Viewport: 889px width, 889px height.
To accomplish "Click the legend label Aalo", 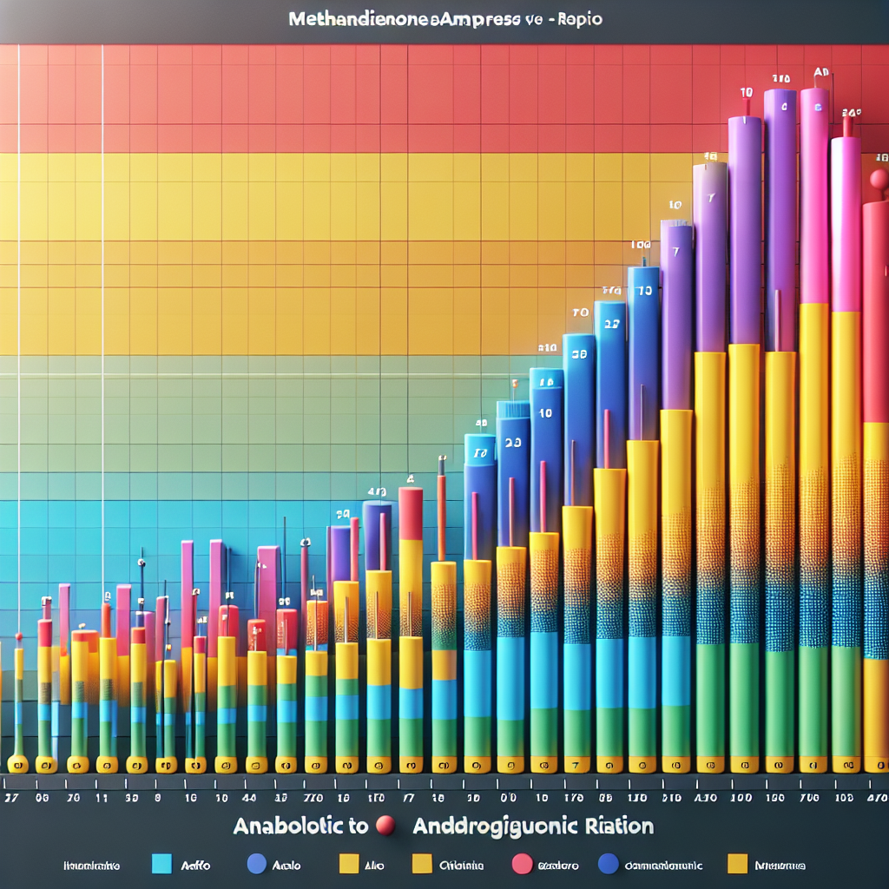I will (x=285, y=866).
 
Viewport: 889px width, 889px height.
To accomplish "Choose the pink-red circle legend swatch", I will (x=522, y=865).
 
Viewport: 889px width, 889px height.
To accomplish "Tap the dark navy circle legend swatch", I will (x=608, y=865).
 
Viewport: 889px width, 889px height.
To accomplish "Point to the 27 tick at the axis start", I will (x=12, y=798).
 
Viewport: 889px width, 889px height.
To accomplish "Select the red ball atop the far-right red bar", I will (x=879, y=180).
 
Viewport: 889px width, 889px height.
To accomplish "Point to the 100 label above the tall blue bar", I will (x=642, y=246).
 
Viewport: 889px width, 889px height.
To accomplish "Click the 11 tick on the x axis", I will (x=102, y=798).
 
